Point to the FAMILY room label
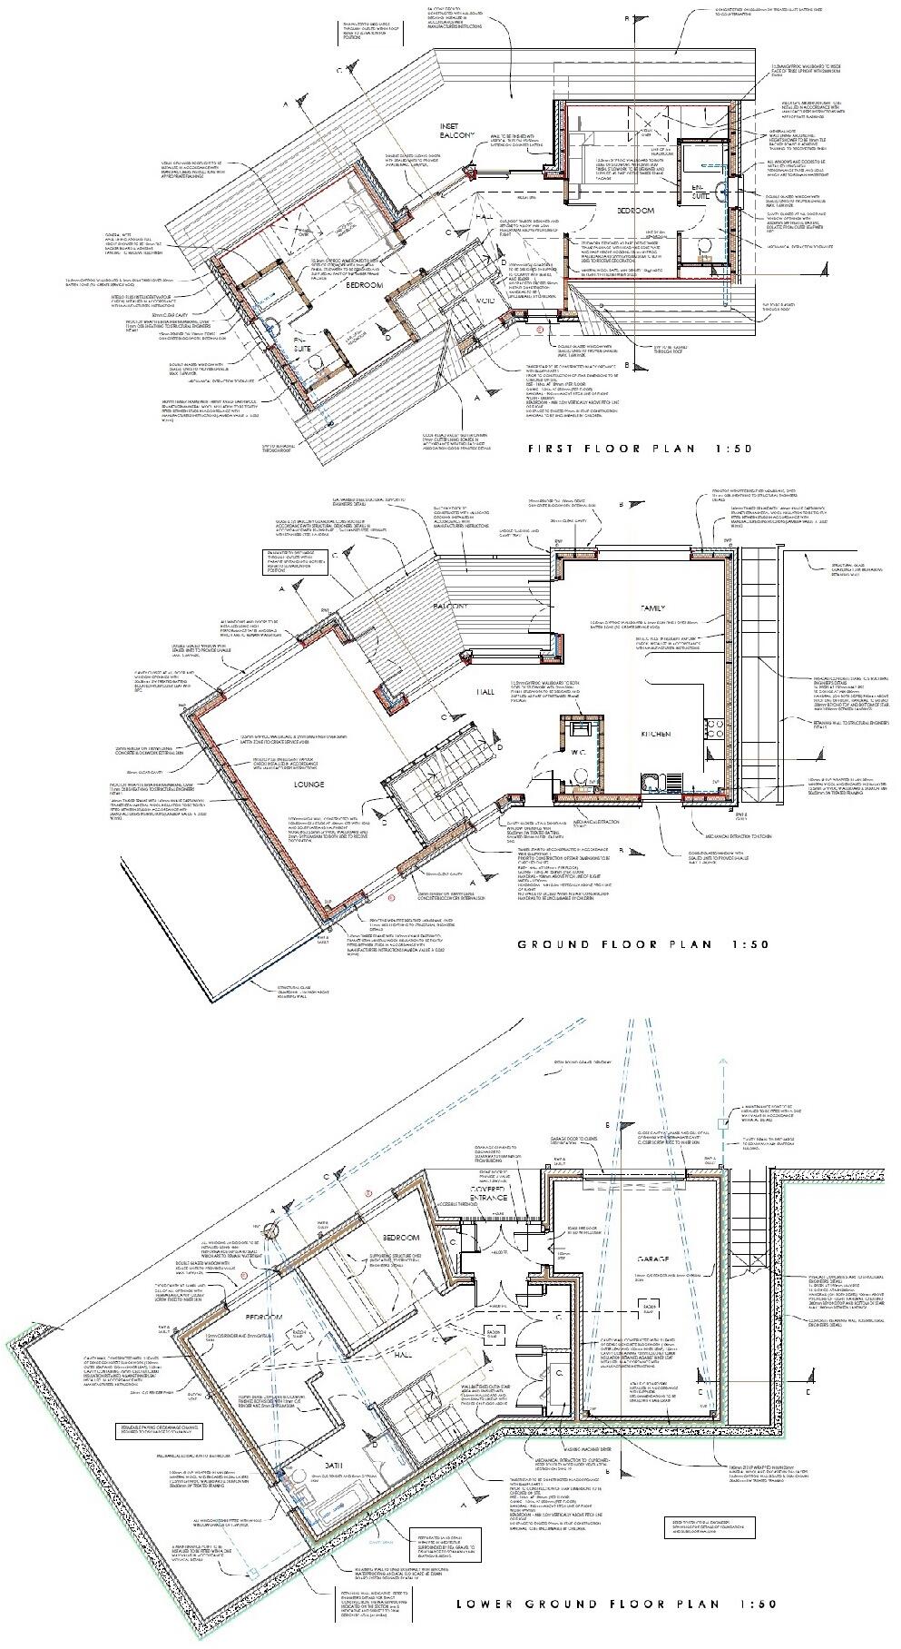click(652, 608)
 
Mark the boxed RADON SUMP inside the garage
click(650, 1307)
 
